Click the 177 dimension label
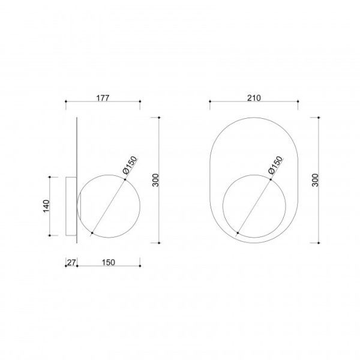(x=103, y=98)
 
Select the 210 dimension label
(x=254, y=98)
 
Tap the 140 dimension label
(x=46, y=206)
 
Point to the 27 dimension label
(x=71, y=262)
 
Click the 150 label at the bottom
(x=109, y=262)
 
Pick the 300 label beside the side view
(x=155, y=180)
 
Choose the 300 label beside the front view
(x=316, y=180)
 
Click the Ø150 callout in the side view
(x=130, y=165)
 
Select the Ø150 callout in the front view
(x=275, y=165)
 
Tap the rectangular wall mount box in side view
(x=71, y=206)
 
